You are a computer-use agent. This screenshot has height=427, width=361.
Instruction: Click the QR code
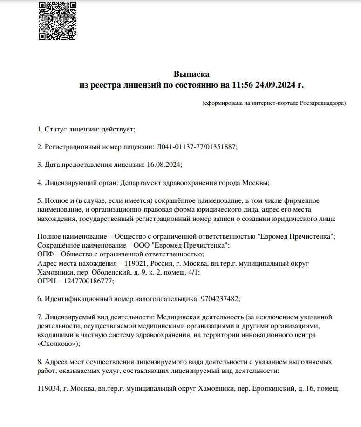[58, 20]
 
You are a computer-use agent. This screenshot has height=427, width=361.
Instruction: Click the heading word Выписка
[191, 74]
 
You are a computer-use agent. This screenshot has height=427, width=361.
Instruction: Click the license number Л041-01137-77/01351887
[195, 146]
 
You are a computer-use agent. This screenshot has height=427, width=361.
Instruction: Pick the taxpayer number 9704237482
[219, 299]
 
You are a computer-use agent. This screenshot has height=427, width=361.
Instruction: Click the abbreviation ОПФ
[44, 254]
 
